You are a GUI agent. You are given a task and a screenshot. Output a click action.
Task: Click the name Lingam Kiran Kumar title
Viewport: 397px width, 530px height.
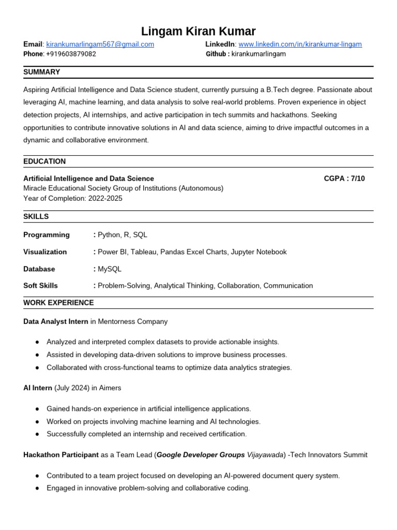coord(198,31)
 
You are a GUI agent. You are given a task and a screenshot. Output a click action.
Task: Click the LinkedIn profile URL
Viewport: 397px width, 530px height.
coord(300,45)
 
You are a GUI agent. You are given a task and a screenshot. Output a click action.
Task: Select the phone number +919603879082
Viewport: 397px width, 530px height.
coord(71,54)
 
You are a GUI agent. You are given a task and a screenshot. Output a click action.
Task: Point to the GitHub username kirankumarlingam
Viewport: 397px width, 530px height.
coord(258,54)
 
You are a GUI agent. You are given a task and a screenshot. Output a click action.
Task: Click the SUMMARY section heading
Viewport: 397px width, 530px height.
coord(42,72)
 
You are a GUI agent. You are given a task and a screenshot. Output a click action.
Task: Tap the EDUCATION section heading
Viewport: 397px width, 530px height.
coord(44,161)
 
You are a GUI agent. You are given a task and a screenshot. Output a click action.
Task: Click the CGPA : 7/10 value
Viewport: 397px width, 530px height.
coord(344,179)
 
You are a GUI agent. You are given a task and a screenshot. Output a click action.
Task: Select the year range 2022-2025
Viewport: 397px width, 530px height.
coord(105,198)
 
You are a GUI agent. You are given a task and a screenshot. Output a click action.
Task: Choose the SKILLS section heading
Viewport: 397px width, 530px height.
coord(36,216)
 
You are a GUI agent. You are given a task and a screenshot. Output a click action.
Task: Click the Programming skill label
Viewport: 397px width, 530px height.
coord(47,235)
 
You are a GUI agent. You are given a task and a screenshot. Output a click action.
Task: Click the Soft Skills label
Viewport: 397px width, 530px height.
coord(41,286)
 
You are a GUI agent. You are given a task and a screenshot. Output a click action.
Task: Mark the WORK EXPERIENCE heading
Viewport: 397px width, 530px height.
coord(59,303)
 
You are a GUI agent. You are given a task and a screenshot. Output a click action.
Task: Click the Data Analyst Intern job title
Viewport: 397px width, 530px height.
coord(56,321)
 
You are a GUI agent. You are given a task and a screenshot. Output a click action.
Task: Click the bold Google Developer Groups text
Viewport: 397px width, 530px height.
coord(201,455)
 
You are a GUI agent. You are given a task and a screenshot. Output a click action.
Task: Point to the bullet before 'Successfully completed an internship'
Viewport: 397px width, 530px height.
coord(37,434)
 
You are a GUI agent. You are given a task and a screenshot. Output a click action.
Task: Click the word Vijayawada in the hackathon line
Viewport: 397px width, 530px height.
coord(266,455)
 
